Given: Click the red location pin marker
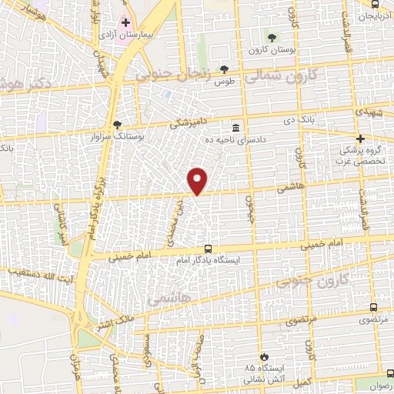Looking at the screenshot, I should [198, 180].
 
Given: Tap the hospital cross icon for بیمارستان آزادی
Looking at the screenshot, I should [126, 23].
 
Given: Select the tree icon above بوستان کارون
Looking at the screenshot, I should [271, 37].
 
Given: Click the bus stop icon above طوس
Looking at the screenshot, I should [225, 68].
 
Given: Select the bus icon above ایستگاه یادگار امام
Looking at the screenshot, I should [208, 248].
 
